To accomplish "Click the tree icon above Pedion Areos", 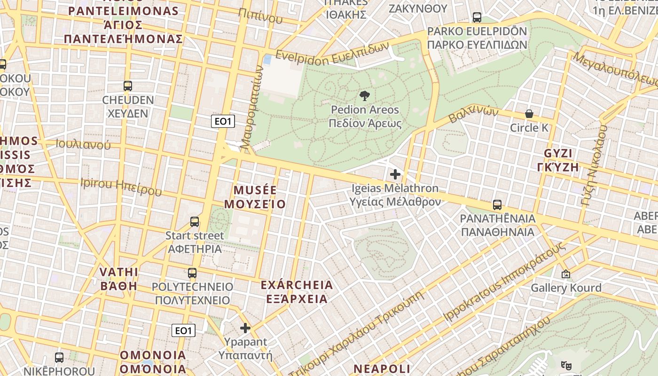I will [x=364, y=96].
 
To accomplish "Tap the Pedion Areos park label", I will [x=365, y=117].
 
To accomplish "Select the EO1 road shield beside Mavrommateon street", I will [x=223, y=122].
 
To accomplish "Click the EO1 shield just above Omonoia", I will [x=183, y=330].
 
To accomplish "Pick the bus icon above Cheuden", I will [x=127, y=86].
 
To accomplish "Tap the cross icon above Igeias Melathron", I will [x=395, y=174].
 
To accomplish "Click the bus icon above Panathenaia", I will [x=497, y=205].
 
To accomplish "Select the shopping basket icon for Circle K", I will [x=529, y=114].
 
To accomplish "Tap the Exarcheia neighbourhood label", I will [x=297, y=292].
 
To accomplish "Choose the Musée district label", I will [x=255, y=197].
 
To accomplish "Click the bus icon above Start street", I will [x=195, y=222].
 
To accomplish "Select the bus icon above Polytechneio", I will [x=192, y=273].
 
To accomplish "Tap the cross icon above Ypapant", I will [x=245, y=328].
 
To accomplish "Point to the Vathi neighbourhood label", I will [x=119, y=279].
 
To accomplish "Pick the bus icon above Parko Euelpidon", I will [x=477, y=18].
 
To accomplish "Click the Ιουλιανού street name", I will [x=83, y=144].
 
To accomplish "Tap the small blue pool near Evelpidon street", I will [x=267, y=60].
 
